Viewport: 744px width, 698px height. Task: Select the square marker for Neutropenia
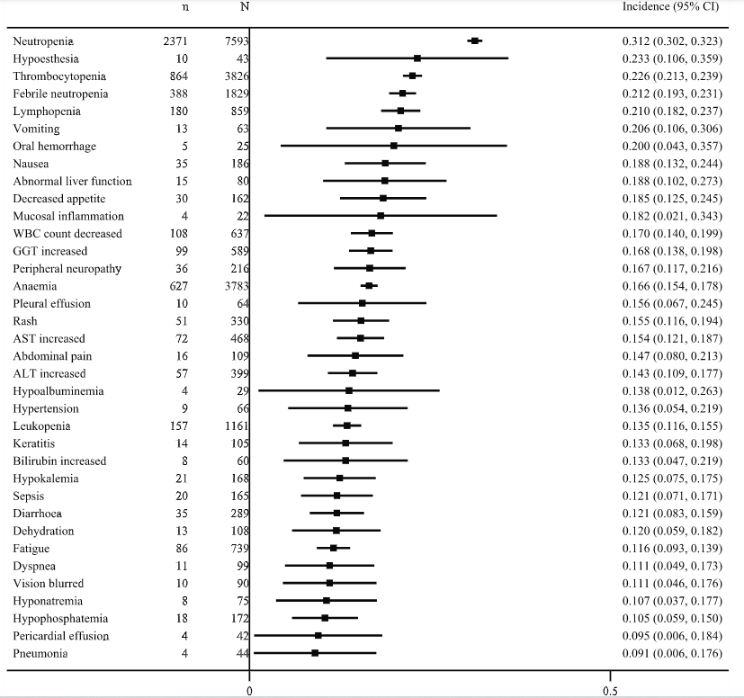click(x=475, y=40)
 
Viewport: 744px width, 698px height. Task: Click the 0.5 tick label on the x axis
click(x=610, y=691)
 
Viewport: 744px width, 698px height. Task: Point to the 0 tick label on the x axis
click(x=249, y=691)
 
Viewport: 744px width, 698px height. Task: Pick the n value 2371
click(x=173, y=41)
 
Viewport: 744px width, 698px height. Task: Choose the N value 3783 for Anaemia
click(x=237, y=286)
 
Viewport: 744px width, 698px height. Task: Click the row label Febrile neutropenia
click(x=61, y=94)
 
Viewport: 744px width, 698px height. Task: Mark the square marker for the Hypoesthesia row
click(x=417, y=58)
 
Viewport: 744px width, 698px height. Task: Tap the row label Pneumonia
click(x=41, y=653)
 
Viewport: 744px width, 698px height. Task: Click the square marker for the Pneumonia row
click(x=315, y=653)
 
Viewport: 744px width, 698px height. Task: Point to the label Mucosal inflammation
click(x=69, y=216)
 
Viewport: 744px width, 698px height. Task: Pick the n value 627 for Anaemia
click(x=176, y=286)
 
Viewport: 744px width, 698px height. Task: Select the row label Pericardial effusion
click(x=61, y=636)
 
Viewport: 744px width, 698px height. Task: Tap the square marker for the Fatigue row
click(x=333, y=548)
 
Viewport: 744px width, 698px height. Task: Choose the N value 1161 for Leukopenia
click(x=237, y=425)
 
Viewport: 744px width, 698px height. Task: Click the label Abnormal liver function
click(x=73, y=181)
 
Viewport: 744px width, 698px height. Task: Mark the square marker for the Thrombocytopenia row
click(x=413, y=76)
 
